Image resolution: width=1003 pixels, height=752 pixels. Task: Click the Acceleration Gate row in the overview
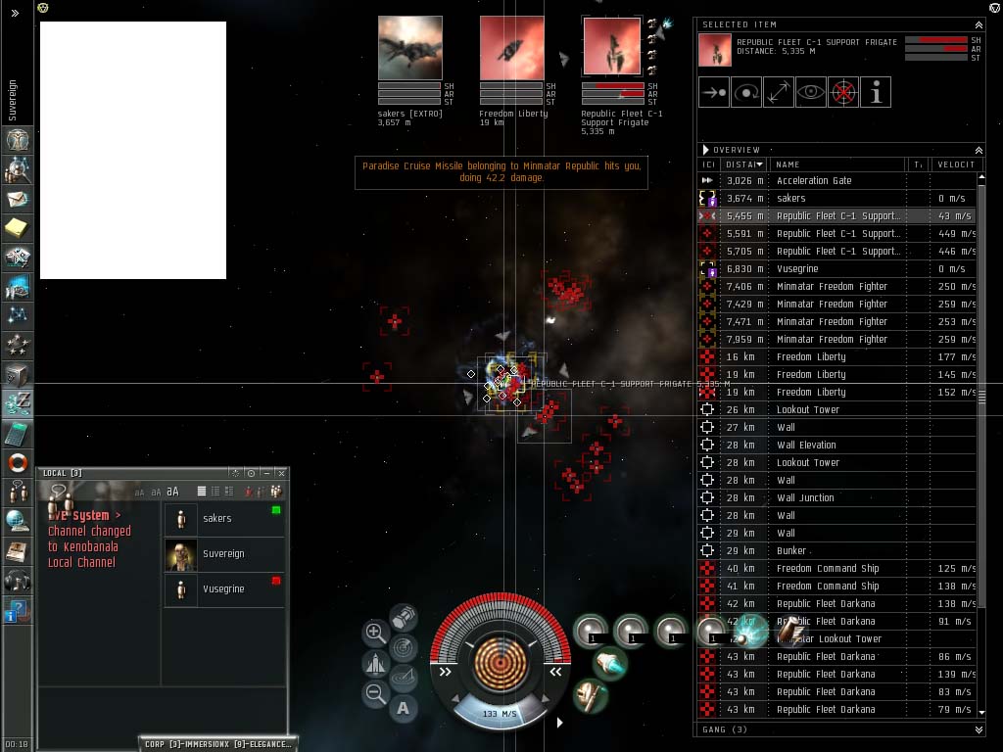pyautogui.click(x=814, y=181)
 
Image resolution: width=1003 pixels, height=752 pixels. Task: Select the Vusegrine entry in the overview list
pyautogui.click(x=797, y=269)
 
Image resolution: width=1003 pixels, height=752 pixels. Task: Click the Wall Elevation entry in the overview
pyautogui.click(x=806, y=446)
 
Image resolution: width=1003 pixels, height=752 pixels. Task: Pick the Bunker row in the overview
pyautogui.click(x=791, y=551)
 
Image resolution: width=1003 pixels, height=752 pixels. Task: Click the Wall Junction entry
pyautogui.click(x=805, y=498)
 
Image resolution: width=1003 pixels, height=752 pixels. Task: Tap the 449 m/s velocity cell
pyautogui.click(x=954, y=234)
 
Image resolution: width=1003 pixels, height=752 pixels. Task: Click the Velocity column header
pyautogui.click(x=954, y=164)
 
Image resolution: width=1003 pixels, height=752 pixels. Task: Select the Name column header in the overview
pyautogui.click(x=837, y=164)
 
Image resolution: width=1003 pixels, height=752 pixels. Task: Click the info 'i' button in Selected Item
pyautogui.click(x=876, y=92)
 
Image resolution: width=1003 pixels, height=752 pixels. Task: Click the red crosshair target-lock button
pyautogui.click(x=843, y=92)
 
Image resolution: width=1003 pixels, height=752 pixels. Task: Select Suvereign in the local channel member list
pyautogui.click(x=223, y=554)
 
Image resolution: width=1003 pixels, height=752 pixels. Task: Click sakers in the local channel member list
pyautogui.click(x=216, y=519)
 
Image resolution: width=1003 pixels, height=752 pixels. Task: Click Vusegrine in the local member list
pyautogui.click(x=223, y=589)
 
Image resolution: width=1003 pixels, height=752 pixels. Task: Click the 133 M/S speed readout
pyautogui.click(x=500, y=714)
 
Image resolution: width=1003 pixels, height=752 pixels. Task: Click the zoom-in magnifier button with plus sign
pyautogui.click(x=375, y=633)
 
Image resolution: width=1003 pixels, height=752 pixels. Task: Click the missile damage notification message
pyautogui.click(x=501, y=172)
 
